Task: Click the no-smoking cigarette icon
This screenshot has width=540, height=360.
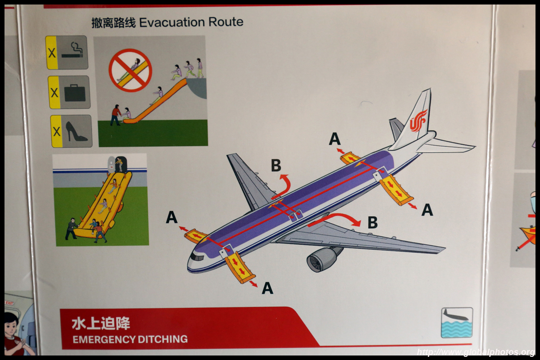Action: tap(72, 51)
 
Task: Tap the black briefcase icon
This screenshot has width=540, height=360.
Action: tap(75, 93)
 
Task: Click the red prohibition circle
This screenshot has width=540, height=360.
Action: tap(130, 70)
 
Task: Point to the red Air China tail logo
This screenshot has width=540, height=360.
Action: tap(418, 121)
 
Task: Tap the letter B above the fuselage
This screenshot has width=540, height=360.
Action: tap(276, 166)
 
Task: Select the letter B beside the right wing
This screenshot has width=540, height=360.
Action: tap(373, 222)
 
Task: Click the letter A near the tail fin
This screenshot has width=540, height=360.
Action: tap(335, 139)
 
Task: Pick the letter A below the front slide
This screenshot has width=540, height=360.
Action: tap(268, 288)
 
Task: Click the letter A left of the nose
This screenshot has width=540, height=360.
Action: tap(171, 217)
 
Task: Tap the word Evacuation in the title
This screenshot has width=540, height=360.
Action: tap(172, 22)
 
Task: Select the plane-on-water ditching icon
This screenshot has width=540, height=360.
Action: tap(457, 322)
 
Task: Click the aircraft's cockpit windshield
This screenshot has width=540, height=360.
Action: tap(197, 257)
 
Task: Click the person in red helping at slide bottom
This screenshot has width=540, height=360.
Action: tap(116, 115)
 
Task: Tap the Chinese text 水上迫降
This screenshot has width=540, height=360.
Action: tap(101, 324)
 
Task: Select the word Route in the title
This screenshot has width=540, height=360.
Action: tap(226, 22)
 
